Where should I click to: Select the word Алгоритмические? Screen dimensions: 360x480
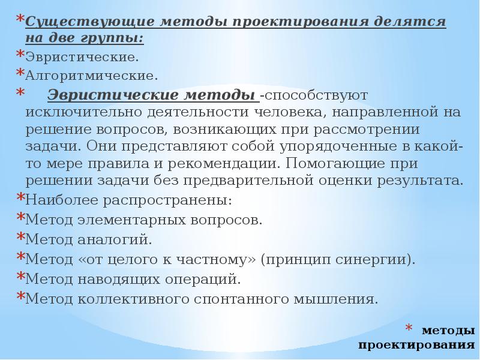pyautogui.click(x=91, y=76)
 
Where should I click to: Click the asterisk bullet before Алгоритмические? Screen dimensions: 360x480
pyautogui.click(x=20, y=73)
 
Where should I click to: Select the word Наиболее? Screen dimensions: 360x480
pyautogui.click(x=56, y=200)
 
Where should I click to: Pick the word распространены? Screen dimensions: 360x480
pyautogui.click(x=163, y=200)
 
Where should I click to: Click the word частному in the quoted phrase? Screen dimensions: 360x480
pyautogui.click(x=217, y=260)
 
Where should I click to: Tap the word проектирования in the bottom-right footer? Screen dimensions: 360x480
pyautogui.click(x=417, y=346)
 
